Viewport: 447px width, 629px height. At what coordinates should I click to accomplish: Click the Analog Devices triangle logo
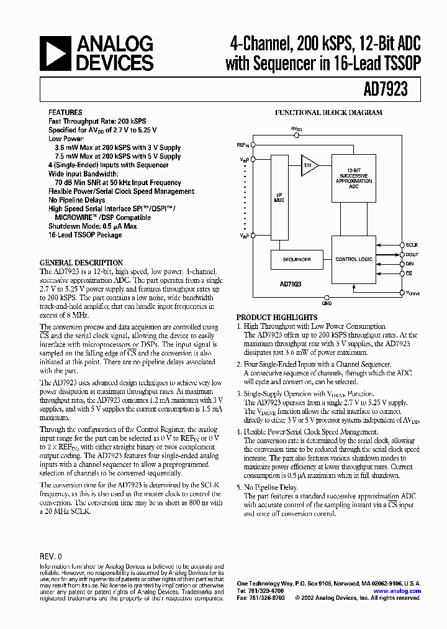point(56,53)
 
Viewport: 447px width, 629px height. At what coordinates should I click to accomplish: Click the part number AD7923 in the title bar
point(386,89)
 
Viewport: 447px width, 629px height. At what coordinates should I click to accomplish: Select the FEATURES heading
point(65,113)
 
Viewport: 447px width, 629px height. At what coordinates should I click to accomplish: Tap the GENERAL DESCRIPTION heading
point(81,263)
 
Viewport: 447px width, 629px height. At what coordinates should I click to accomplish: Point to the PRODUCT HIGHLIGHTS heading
point(277,317)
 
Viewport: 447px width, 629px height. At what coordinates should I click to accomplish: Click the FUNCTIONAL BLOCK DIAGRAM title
point(328,113)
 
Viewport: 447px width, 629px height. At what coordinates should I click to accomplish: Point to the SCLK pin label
point(412,246)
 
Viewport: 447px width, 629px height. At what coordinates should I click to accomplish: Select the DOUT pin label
point(412,255)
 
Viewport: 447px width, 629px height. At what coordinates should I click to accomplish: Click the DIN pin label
point(410,264)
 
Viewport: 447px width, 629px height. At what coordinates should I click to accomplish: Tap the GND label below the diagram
point(327,305)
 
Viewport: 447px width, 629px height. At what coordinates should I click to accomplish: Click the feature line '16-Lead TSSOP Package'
point(85,235)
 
